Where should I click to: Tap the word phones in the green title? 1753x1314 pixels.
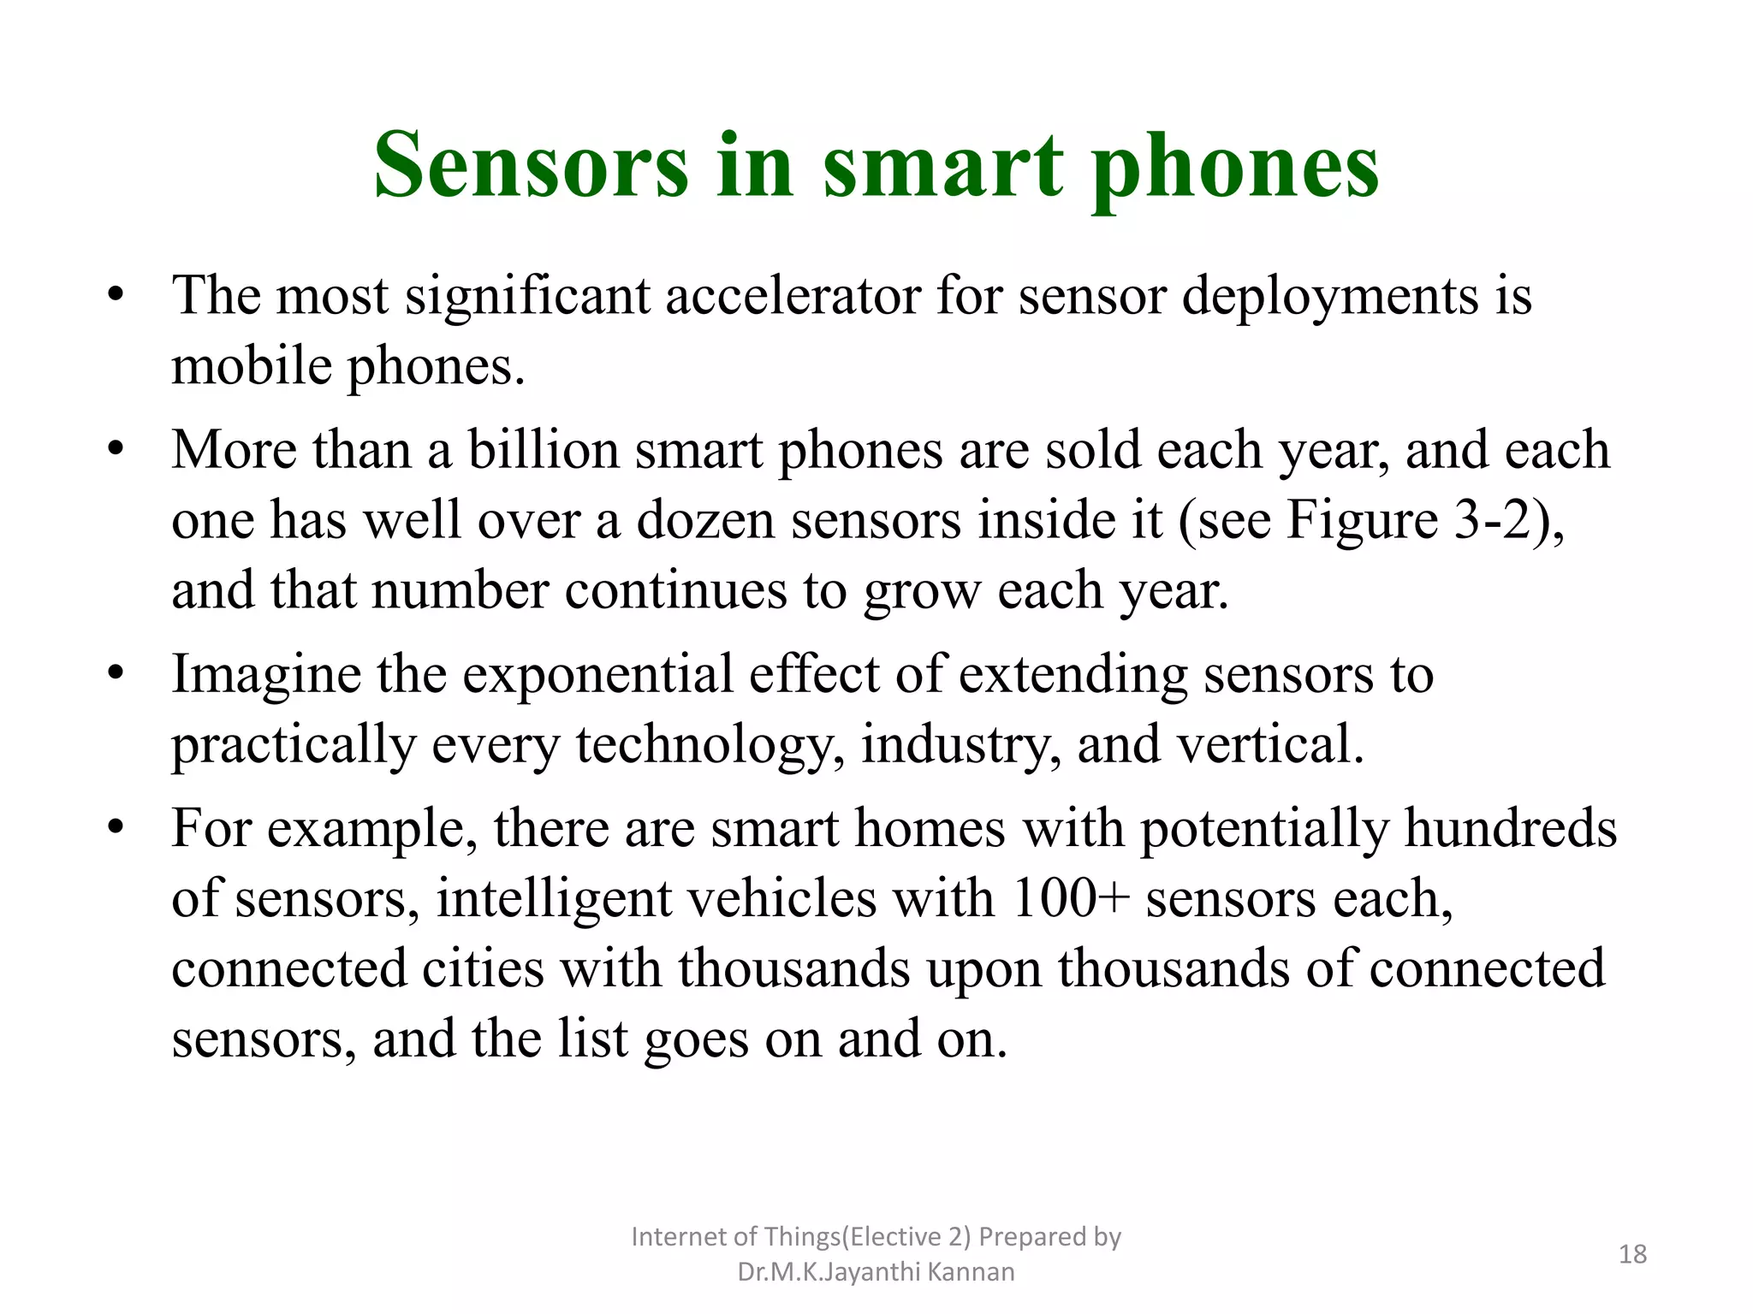click(x=1234, y=169)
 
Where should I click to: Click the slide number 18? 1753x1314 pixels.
click(x=1632, y=1254)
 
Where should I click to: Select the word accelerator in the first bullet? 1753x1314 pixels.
click(x=793, y=296)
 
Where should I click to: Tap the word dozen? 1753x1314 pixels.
click(x=705, y=520)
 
